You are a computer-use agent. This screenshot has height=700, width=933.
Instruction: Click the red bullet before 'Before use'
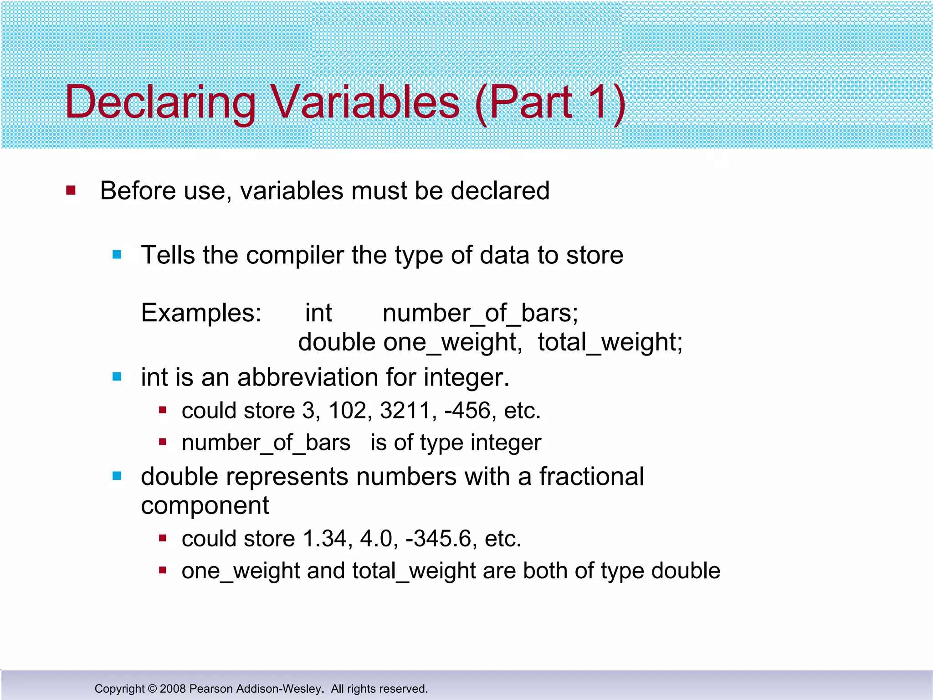(71, 190)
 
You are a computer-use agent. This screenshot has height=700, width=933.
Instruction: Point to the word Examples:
(201, 313)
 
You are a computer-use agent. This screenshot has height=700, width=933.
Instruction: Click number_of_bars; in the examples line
(480, 314)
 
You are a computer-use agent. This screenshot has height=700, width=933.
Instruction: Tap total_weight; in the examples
(610, 342)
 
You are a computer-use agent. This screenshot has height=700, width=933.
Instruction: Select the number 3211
(405, 411)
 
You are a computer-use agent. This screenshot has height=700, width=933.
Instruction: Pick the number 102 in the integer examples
(348, 411)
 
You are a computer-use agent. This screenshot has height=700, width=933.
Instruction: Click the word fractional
(591, 477)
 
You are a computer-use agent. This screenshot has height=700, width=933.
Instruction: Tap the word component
(205, 506)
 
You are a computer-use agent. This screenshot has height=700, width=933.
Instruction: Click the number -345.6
(438, 539)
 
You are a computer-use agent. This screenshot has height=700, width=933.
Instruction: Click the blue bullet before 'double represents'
(117, 476)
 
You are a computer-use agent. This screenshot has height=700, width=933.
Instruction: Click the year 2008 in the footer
(173, 689)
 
